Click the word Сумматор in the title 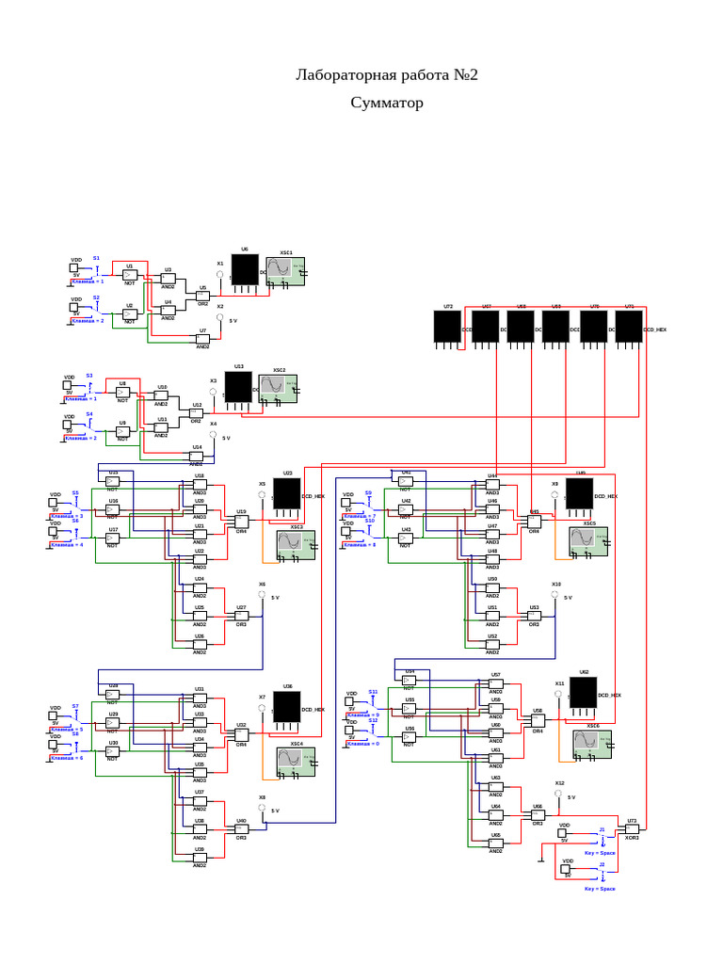pos(387,102)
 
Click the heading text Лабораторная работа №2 pos(387,75)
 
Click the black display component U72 pos(446,327)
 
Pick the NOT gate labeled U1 pos(130,275)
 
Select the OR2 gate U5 pos(201,296)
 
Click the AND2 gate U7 pos(202,339)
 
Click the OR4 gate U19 pos(241,521)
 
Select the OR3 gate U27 pos(241,617)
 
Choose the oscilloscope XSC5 pos(587,541)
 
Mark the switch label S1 pos(96,258)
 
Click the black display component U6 pos(245,270)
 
